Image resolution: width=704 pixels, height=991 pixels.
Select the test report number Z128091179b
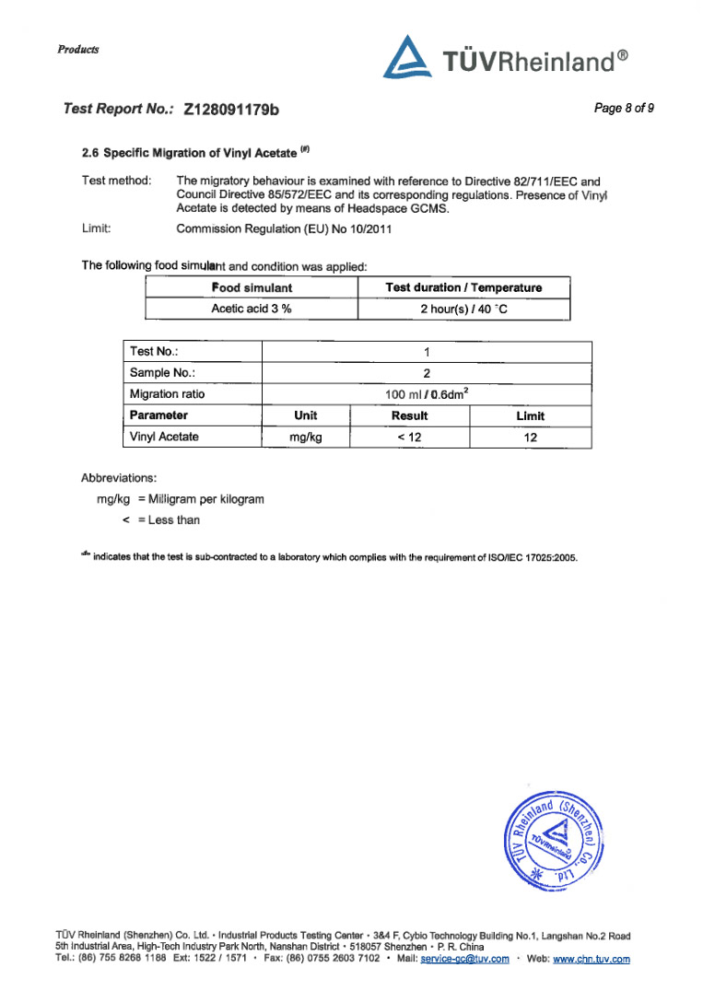pos(232,110)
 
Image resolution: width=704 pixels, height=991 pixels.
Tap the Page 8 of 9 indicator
pos(624,109)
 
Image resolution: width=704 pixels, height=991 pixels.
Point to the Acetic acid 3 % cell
pos(252,309)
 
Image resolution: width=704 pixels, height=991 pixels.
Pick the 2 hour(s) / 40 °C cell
pos(463,309)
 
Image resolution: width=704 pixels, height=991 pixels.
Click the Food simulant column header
pos(252,288)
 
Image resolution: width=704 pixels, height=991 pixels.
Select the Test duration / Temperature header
pos(463,288)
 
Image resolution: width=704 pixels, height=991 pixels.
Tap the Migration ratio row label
pos(168,394)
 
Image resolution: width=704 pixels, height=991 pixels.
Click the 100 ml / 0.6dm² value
pos(427,394)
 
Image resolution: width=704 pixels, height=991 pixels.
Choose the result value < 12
pos(409,437)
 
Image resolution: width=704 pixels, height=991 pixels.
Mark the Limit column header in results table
pos(531,416)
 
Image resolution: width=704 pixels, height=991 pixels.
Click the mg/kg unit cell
pos(305,437)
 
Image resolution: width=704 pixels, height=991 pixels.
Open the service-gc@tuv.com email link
pos(464,959)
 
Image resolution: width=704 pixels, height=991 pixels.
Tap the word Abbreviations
pos(120,478)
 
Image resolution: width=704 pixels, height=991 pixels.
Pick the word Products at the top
pos(77,49)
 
